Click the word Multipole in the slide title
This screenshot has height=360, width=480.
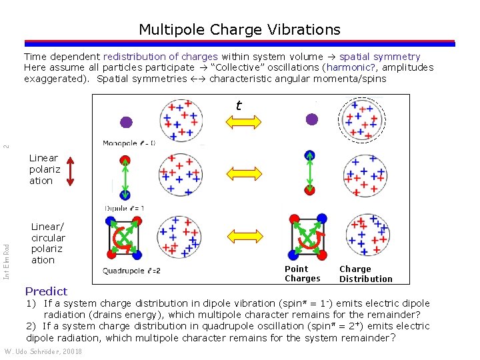click(x=169, y=30)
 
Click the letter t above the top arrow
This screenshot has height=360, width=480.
click(x=238, y=105)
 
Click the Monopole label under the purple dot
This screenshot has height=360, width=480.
click(x=129, y=143)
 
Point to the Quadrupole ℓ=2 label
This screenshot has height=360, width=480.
click(x=131, y=271)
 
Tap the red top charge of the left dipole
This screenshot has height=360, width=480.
click(x=125, y=160)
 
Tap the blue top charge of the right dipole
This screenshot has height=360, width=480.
click(x=309, y=155)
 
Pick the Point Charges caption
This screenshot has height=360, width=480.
click(x=302, y=274)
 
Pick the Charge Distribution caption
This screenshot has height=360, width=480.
click(x=365, y=274)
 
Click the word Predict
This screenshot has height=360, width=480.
click(x=46, y=291)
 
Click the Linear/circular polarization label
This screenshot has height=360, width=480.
click(x=48, y=243)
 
